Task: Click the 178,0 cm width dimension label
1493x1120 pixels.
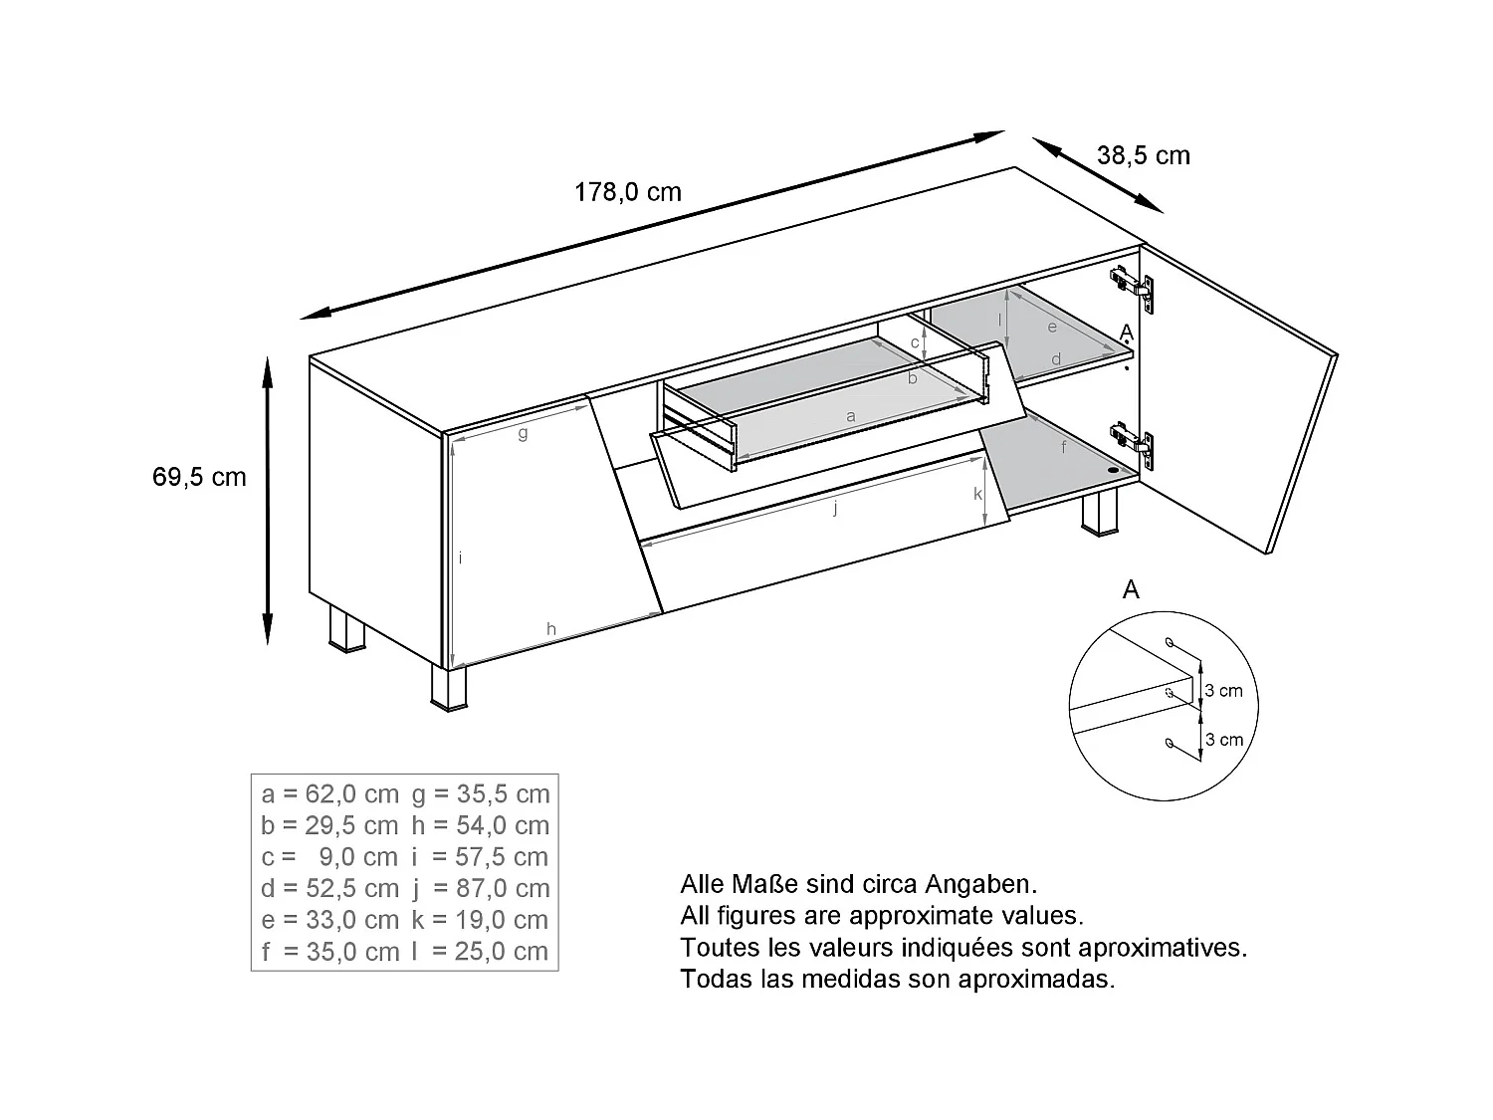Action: (x=627, y=192)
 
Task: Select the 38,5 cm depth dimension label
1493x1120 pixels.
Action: (x=1143, y=156)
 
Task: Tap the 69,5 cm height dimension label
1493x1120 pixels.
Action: (x=199, y=477)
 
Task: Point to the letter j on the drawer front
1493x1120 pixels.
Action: (x=836, y=509)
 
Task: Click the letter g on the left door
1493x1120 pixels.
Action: (x=523, y=433)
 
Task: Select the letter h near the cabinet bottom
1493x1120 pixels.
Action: (x=550, y=628)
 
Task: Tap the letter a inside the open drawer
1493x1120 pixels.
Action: (x=850, y=416)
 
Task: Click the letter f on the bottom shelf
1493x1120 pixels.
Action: (x=1063, y=448)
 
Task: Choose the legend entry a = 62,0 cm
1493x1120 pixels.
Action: (x=329, y=793)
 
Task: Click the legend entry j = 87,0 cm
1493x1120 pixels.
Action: (x=481, y=888)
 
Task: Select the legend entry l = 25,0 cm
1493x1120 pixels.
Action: (x=481, y=952)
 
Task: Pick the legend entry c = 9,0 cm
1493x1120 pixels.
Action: (x=329, y=857)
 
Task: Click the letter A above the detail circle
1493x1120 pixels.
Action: (x=1131, y=590)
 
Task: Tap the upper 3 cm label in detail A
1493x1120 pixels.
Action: (x=1224, y=691)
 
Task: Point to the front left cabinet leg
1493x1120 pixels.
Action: (x=449, y=688)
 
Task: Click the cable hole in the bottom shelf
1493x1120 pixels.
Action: (x=1112, y=469)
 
